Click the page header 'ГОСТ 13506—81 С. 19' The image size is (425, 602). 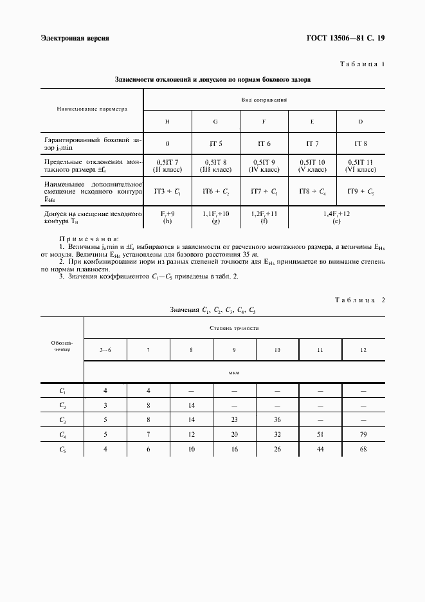pyautogui.click(x=349, y=38)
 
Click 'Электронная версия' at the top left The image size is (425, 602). pyautogui.click(x=75, y=38)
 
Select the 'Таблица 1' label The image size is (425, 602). pyautogui.click(x=361, y=65)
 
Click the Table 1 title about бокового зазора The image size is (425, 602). pyautogui.click(x=212, y=81)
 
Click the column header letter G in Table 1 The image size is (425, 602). pyautogui.click(x=215, y=122)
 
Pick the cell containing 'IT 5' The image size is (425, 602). pyautogui.click(x=215, y=144)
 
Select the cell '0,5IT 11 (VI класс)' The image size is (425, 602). pyautogui.click(x=361, y=166)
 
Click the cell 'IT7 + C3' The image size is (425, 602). pyautogui.click(x=264, y=191)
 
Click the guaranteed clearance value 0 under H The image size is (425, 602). pyautogui.click(x=167, y=144)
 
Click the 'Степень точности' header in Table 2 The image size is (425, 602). pyautogui.click(x=234, y=327)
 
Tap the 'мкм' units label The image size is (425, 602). pyautogui.click(x=234, y=372)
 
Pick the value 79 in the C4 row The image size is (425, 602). pyautogui.click(x=363, y=434)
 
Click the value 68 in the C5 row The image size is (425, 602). pyautogui.click(x=363, y=449)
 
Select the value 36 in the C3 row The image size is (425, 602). pyautogui.click(x=277, y=419)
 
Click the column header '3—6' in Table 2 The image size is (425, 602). pyautogui.click(x=105, y=349)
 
